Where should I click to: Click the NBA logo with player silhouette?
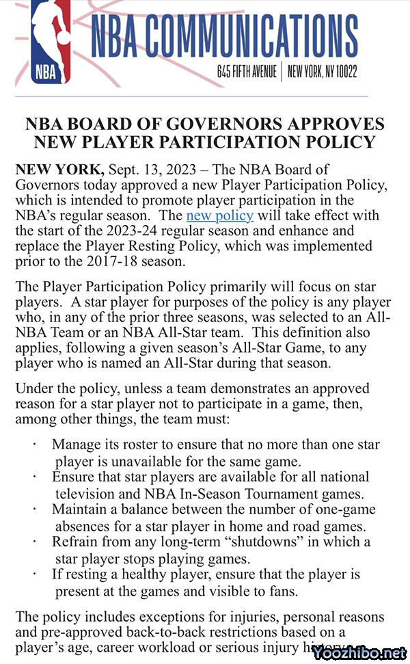[51, 41]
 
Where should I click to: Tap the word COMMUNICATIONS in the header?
[249, 38]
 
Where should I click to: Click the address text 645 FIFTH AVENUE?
[246, 71]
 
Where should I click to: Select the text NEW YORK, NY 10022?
[323, 71]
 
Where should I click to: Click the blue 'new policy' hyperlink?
[219, 215]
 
